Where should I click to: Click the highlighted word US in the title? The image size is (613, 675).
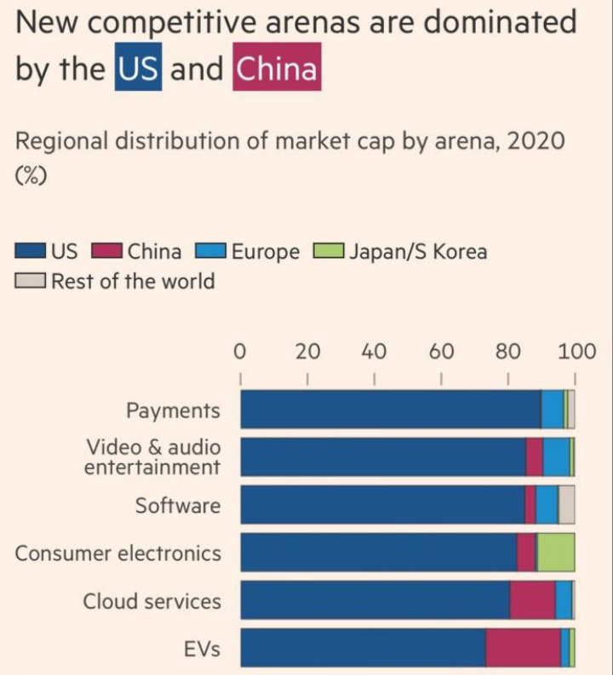137,69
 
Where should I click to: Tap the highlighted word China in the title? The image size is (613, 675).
277,69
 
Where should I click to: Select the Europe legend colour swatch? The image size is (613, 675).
209,251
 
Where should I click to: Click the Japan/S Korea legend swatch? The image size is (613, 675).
328,251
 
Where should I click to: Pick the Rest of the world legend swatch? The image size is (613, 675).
31,281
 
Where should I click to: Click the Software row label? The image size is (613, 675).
177,506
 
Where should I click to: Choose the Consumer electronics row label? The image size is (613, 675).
117,553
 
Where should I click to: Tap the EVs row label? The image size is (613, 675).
202,649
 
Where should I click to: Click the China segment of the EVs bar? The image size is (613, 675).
523,648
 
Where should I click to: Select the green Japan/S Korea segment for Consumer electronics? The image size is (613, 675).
555,553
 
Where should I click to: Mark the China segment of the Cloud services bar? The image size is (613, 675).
532,600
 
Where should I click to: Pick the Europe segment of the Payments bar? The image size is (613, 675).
553,410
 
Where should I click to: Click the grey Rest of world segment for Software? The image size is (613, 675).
566,505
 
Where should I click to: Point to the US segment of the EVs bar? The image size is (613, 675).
363,648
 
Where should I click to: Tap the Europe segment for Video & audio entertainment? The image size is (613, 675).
556,457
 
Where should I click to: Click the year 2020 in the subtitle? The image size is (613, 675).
536,140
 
